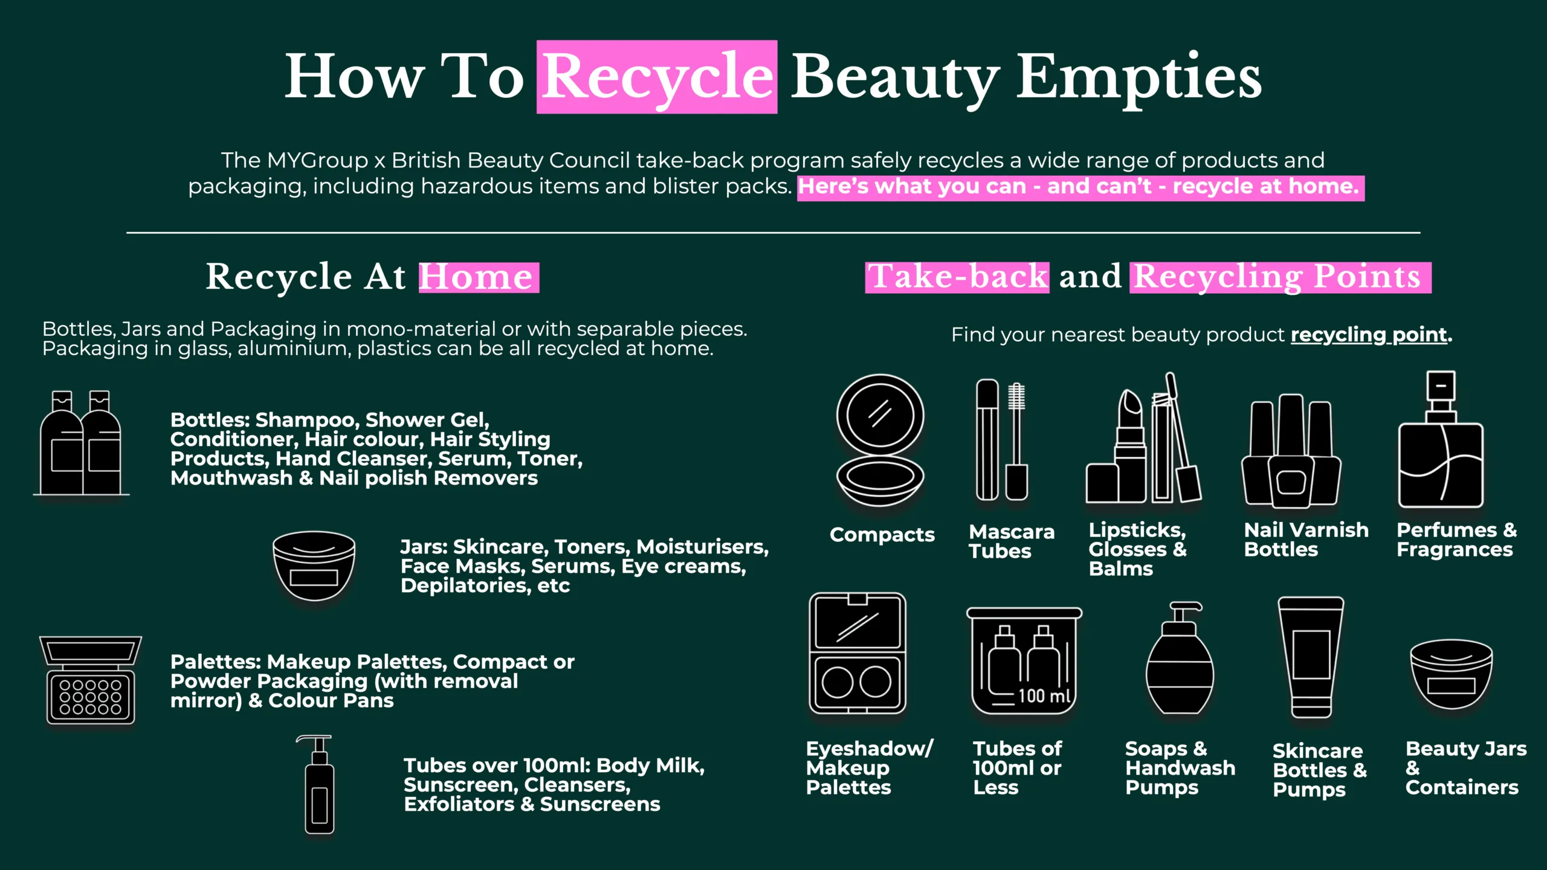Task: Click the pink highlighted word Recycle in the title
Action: tap(657, 77)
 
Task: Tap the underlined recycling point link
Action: tap(1369, 334)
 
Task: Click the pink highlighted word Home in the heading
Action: tap(477, 277)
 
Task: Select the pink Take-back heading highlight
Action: tap(957, 277)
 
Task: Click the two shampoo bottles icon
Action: tap(80, 444)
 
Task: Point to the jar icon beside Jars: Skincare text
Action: tap(314, 565)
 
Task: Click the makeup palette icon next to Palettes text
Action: tap(91, 680)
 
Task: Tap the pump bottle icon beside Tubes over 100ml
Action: tap(319, 785)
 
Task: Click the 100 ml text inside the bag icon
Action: tap(1044, 696)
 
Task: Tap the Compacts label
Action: tap(882, 535)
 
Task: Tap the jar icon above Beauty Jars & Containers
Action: tap(1451, 674)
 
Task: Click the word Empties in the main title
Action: tap(1138, 77)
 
